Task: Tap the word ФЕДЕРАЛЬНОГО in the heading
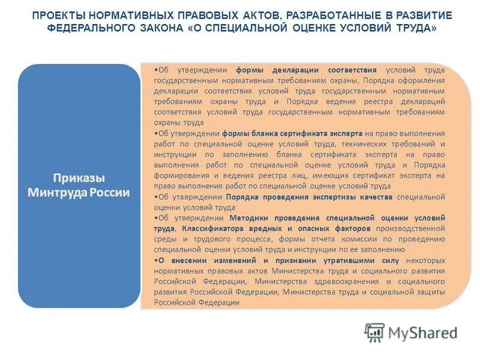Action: (x=87, y=28)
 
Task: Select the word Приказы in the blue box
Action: (x=79, y=178)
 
